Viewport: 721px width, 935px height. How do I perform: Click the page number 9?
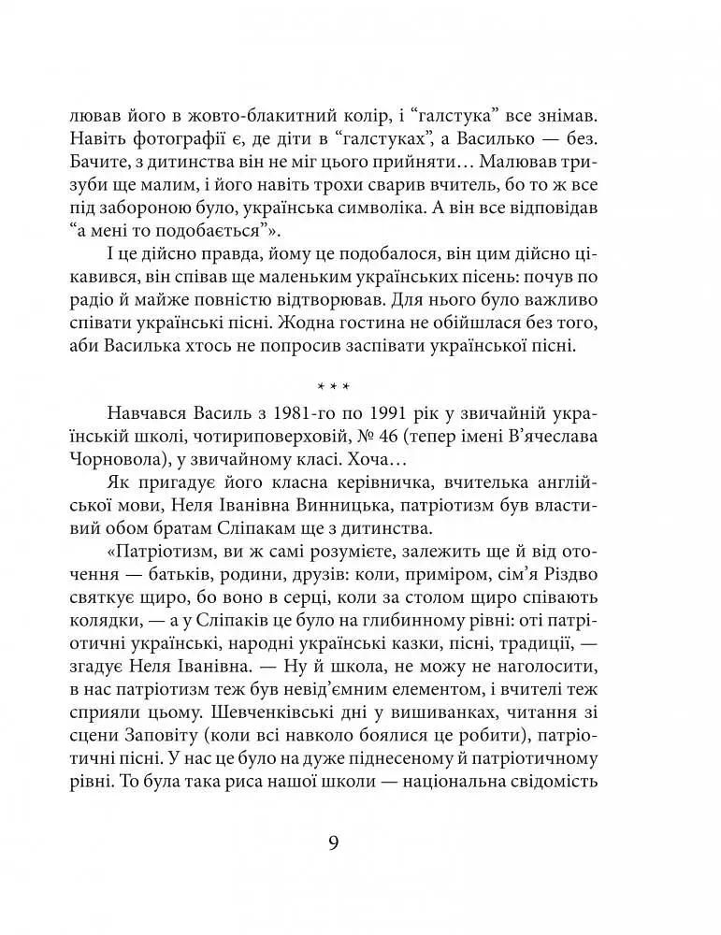pos(333,842)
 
